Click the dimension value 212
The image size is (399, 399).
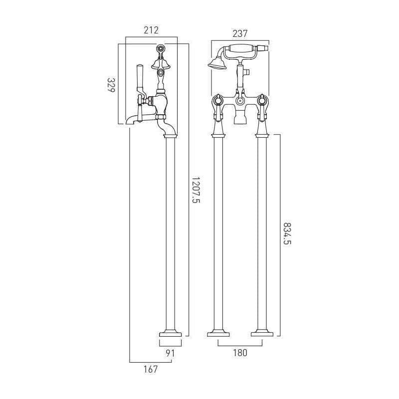(151, 30)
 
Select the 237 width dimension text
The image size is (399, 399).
(240, 33)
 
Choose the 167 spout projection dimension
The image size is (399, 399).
(150, 369)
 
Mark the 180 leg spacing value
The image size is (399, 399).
(240, 352)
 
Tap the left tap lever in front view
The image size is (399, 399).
(218, 108)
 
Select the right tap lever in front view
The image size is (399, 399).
(261, 108)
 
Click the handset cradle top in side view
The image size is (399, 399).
(161, 48)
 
